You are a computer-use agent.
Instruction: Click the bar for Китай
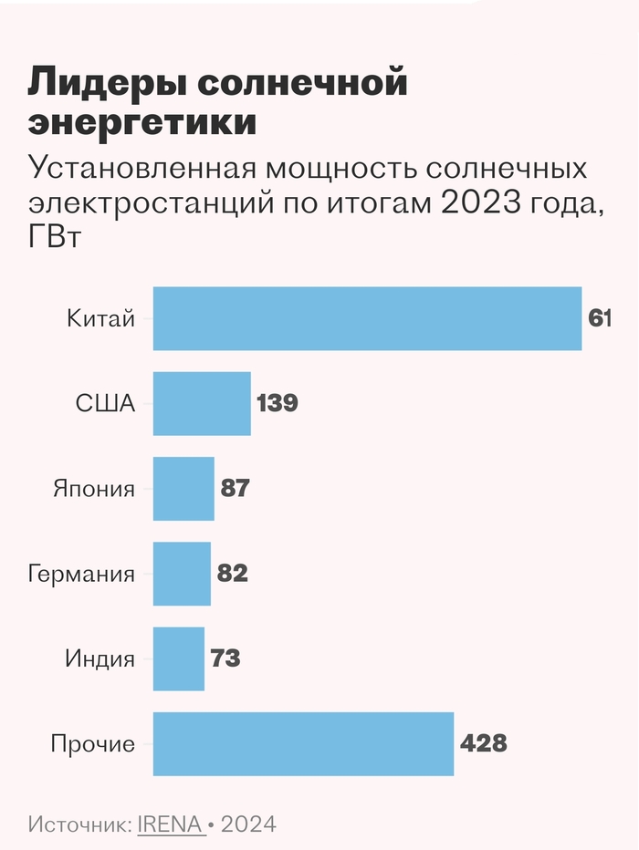pyautogui.click(x=367, y=318)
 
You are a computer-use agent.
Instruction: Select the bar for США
pyautogui.click(x=202, y=403)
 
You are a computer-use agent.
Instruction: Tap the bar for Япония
pyautogui.click(x=183, y=488)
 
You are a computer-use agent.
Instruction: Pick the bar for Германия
pyautogui.click(x=182, y=574)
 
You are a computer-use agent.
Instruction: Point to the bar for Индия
pyautogui.click(x=179, y=658)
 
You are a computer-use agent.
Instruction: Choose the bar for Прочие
pyautogui.click(x=303, y=743)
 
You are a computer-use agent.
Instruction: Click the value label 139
pyautogui.click(x=278, y=403)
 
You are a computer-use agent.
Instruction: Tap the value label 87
pyautogui.click(x=236, y=488)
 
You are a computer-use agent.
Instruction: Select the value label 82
pyautogui.click(x=233, y=574)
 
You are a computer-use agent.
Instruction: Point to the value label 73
pyautogui.click(x=225, y=658)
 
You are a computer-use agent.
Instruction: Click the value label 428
pyautogui.click(x=483, y=743)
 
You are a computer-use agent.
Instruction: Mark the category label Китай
pyautogui.click(x=100, y=318)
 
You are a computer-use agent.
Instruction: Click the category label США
pyautogui.click(x=105, y=403)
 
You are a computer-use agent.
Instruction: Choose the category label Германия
pyautogui.click(x=81, y=574)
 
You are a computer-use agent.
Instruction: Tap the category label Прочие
pyautogui.click(x=92, y=744)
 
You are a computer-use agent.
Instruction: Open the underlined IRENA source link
pyautogui.click(x=170, y=824)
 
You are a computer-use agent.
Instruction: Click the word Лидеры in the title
pyautogui.click(x=109, y=84)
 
